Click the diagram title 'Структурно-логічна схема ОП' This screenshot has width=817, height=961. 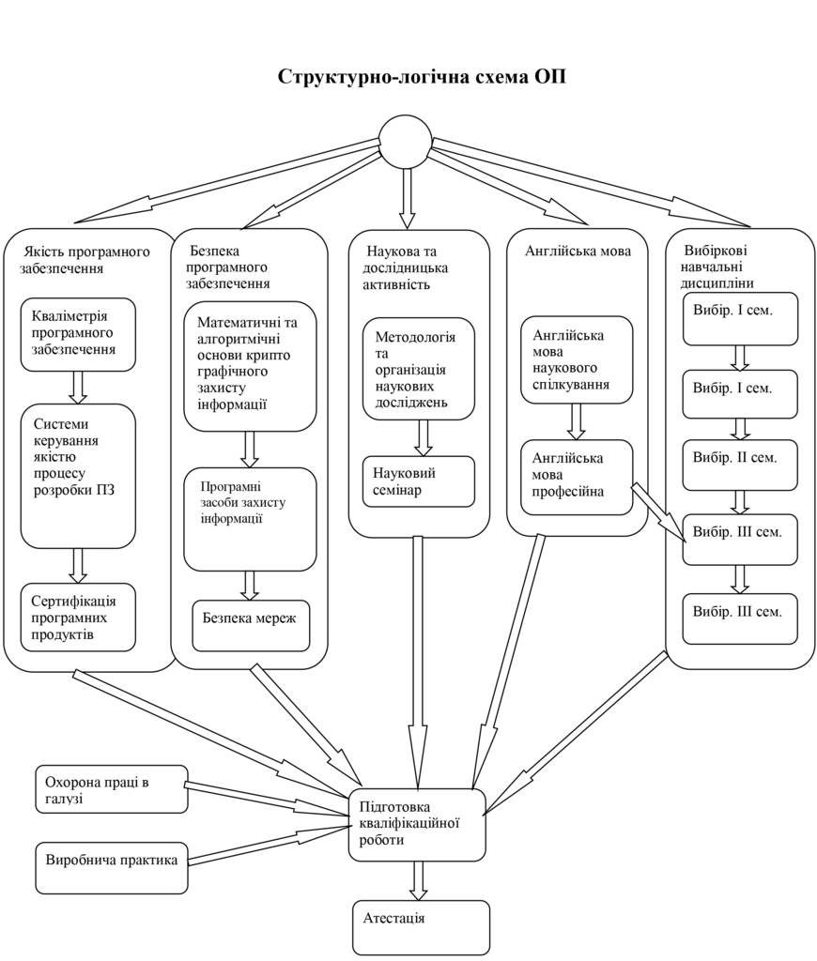point(422,77)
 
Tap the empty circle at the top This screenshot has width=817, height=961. point(405,142)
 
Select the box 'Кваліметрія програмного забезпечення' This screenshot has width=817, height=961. point(78,334)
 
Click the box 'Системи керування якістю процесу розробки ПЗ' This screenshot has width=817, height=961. point(78,476)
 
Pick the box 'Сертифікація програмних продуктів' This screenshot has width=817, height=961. point(78,618)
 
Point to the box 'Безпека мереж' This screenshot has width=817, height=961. point(251,625)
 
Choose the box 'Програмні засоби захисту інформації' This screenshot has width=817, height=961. point(250,519)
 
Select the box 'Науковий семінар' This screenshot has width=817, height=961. point(419,481)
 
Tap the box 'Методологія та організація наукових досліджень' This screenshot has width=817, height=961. point(419,369)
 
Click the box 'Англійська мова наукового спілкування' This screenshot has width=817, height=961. point(577,359)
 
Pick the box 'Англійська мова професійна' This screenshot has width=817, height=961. point(577,477)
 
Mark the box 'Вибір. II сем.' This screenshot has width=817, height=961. point(739,465)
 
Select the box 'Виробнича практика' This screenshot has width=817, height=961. point(111,867)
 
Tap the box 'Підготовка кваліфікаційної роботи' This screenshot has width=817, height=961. point(417,824)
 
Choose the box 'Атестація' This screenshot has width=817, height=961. point(421,926)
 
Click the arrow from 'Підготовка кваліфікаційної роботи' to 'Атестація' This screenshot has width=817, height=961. point(419,880)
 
